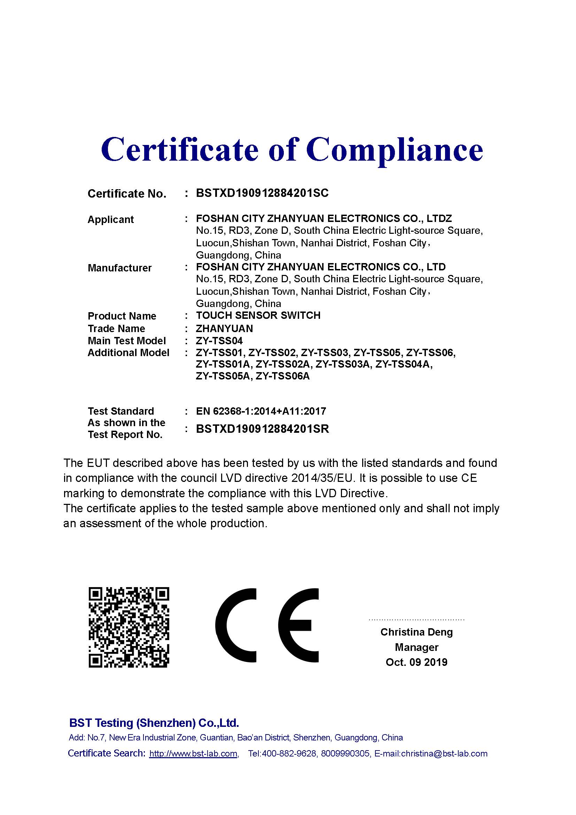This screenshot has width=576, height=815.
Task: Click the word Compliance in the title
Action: [x=395, y=150]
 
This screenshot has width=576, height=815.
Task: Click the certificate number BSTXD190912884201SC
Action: [x=262, y=193]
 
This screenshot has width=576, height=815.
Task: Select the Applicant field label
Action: [x=111, y=220]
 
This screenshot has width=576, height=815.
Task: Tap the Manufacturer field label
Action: [x=119, y=268]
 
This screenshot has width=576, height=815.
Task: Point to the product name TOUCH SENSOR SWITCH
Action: [x=258, y=316]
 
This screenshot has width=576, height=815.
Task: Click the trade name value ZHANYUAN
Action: [x=225, y=329]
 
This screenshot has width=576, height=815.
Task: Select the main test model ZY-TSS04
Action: [x=219, y=341]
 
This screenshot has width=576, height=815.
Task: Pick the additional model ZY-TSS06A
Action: [x=283, y=376]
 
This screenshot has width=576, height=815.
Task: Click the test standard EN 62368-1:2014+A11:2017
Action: [x=261, y=412]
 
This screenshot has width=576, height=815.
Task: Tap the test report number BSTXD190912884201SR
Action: [x=263, y=429]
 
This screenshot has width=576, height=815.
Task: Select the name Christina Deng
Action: [x=417, y=632]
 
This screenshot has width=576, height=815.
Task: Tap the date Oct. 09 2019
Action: [x=417, y=662]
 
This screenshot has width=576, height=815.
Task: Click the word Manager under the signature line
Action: [x=417, y=647]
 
